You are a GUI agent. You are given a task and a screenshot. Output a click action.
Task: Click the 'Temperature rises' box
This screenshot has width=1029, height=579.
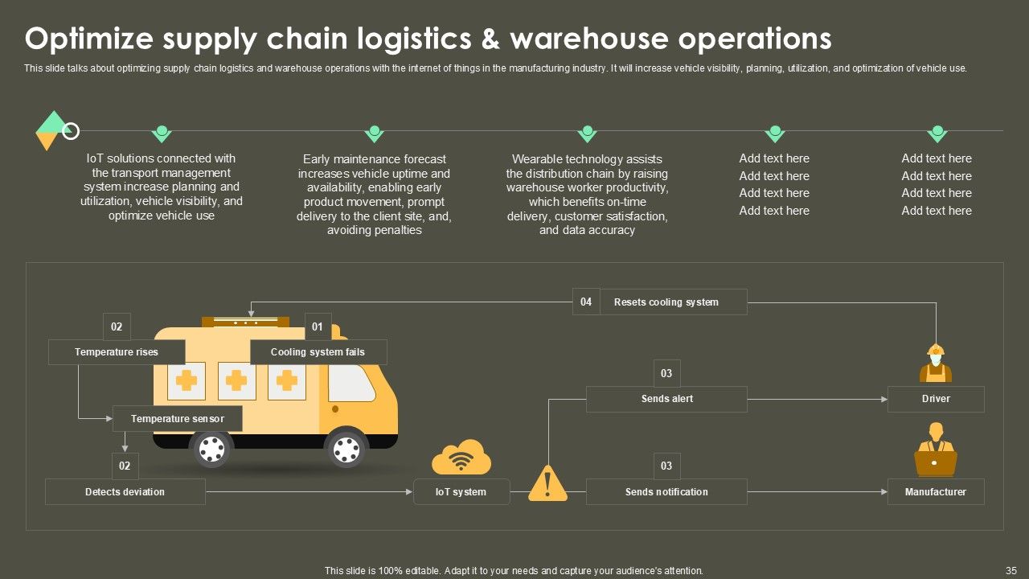pos(117,352)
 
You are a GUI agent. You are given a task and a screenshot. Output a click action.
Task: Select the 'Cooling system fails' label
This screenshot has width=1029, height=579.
pos(318,352)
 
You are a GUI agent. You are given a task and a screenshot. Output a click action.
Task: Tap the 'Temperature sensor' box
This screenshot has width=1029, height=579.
pos(178,419)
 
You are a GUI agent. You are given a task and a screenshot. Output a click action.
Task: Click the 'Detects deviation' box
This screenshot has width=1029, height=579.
pos(125,492)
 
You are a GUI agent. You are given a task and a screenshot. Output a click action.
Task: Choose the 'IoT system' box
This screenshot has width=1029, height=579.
pos(461,492)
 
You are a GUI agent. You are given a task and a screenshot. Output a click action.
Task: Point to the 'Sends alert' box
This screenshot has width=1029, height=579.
pos(666,399)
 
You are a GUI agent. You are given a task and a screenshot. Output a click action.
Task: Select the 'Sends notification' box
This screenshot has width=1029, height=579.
pos(666,492)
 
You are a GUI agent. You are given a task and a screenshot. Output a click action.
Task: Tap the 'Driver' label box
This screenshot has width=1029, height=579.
pos(936,399)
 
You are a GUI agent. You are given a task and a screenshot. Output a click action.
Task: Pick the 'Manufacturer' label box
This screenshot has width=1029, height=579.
pos(936,492)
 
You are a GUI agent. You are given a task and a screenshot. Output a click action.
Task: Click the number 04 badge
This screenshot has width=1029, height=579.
pos(586,302)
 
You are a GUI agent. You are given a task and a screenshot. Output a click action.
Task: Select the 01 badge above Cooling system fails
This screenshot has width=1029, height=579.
pos(318,326)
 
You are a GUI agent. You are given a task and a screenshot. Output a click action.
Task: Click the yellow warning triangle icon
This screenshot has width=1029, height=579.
pos(548,484)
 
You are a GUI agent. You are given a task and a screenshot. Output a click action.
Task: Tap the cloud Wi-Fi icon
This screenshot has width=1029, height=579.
pos(461,458)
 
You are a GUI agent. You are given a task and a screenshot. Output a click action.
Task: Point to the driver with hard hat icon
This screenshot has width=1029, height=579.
pos(936,363)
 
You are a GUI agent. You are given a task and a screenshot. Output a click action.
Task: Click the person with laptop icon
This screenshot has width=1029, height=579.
pos(936,453)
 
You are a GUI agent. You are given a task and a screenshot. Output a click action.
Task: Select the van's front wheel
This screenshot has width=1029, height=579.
pos(346,449)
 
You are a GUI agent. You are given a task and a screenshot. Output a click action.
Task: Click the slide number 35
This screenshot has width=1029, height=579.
pos(1011,570)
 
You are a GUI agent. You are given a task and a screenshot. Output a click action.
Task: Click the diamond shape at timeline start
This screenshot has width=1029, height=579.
pos(51,130)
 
